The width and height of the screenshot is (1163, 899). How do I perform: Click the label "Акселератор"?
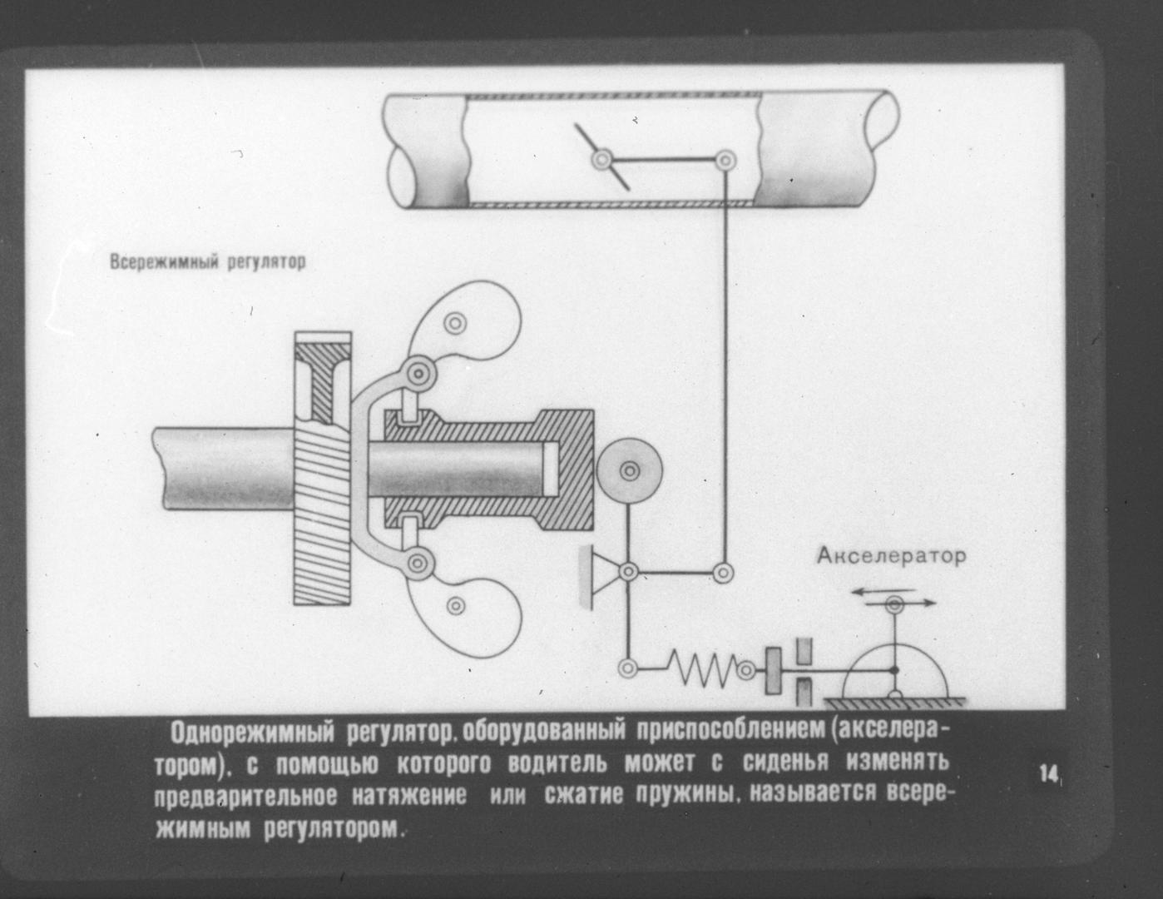(x=891, y=557)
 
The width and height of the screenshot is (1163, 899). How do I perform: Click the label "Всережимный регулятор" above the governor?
(x=208, y=262)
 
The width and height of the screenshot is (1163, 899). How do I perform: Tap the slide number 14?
(x=1050, y=774)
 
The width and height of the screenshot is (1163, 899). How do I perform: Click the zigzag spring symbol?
(x=705, y=668)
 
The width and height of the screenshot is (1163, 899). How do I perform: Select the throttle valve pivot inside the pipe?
(x=603, y=159)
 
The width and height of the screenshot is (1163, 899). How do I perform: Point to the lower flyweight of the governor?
(x=460, y=605)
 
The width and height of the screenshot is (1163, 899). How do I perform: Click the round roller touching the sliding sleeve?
(x=630, y=471)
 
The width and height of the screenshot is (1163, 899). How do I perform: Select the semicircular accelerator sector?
(x=895, y=669)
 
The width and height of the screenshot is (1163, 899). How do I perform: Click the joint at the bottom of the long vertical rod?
(x=723, y=573)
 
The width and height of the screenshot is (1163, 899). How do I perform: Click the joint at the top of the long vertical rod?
(x=725, y=160)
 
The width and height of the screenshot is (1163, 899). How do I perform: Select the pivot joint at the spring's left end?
(x=628, y=668)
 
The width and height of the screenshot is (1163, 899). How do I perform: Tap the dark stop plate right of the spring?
(x=773, y=670)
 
